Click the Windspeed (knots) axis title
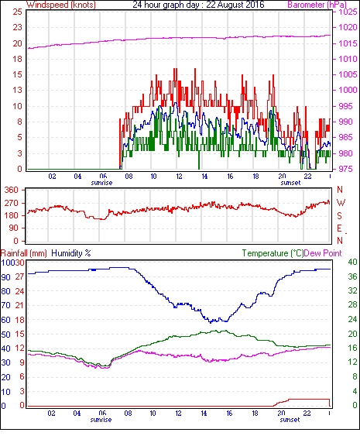point(61,5)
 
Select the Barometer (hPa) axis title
point(317,5)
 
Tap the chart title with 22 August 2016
point(198,5)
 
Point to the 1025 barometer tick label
point(348,12)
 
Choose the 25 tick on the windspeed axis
point(18,12)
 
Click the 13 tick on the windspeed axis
point(18,90)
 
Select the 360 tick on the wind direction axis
point(11,191)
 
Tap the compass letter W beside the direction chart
point(341,203)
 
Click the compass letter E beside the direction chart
point(339,228)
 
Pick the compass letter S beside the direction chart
point(339,215)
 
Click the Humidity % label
point(71,253)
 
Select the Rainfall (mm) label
point(24,253)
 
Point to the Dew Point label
point(323,253)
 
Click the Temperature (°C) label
point(273,253)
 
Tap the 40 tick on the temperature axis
point(353,262)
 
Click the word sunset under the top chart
point(290,183)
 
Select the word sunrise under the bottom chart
point(101,420)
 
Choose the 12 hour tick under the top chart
point(179,177)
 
